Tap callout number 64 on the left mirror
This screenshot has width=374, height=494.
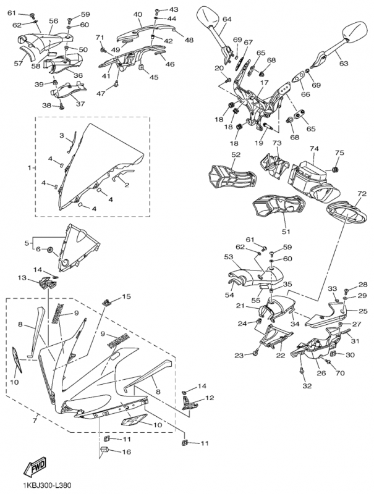tap(226, 19)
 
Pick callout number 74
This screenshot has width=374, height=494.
tap(314, 149)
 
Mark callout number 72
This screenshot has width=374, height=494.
tap(362, 194)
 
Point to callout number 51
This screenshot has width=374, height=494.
tap(286, 232)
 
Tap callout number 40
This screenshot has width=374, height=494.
tap(137, 14)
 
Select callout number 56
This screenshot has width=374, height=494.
tap(53, 20)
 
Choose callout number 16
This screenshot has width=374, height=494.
tap(127, 452)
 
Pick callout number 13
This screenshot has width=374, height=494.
tap(22, 278)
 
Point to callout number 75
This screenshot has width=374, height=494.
tap(339, 153)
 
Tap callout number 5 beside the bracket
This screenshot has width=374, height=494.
tap(27, 243)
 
